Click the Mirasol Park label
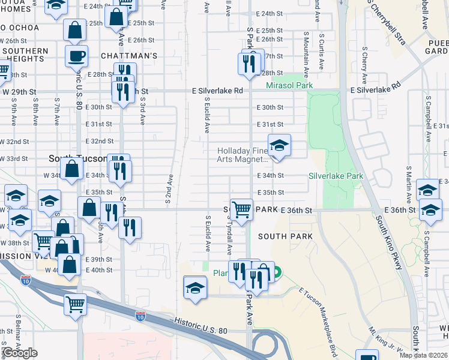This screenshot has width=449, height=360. click(289, 86)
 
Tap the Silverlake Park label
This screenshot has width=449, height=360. click(336, 176)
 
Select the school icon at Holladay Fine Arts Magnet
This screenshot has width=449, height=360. click(279, 145)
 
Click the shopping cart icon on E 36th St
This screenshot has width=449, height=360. click(241, 210)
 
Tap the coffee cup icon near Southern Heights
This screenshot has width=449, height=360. click(76, 56)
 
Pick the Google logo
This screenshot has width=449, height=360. click(19, 353)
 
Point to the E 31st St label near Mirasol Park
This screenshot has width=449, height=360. click(270, 124)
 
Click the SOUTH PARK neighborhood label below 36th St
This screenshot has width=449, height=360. click(285, 236)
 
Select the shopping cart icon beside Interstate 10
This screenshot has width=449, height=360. click(75, 304)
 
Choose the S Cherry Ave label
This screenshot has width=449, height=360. click(364, 64)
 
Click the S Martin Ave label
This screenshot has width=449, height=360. click(408, 183)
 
